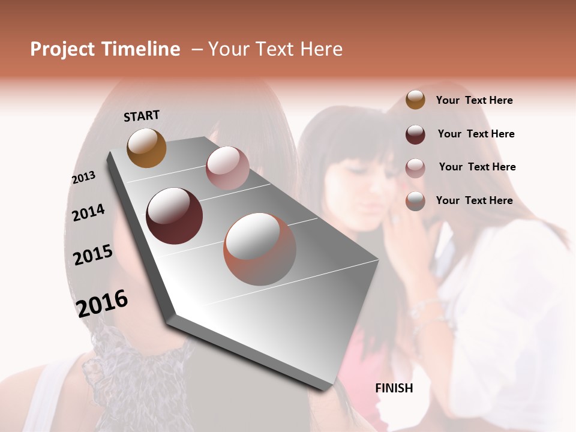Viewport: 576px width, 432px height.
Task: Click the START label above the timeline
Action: pos(142,116)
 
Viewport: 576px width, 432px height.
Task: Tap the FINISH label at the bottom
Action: pos(394,388)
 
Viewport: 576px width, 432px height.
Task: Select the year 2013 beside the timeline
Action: pos(84,178)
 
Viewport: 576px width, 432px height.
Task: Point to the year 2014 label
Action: pos(89,212)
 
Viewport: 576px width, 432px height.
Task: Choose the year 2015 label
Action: pos(93,255)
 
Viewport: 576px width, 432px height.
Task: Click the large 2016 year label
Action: pos(102,303)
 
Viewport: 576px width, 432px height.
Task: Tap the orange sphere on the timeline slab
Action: pos(147,148)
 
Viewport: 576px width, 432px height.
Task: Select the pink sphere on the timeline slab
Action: pos(227,168)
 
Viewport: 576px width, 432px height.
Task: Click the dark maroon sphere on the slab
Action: pos(175,216)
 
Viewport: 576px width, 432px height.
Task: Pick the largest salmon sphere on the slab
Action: pos(260,248)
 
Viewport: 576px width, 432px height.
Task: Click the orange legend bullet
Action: pos(415,100)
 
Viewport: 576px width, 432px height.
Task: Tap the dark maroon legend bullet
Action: pos(415,134)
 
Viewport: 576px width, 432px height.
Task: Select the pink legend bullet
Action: pos(415,168)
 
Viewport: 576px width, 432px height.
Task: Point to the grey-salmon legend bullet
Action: pos(415,202)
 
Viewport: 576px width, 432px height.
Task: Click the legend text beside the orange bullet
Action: pos(474,100)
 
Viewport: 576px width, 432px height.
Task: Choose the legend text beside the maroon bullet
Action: pos(476,134)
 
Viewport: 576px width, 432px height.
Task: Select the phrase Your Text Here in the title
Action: pos(275,49)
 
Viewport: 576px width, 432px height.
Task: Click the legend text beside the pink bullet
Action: pos(477,167)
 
